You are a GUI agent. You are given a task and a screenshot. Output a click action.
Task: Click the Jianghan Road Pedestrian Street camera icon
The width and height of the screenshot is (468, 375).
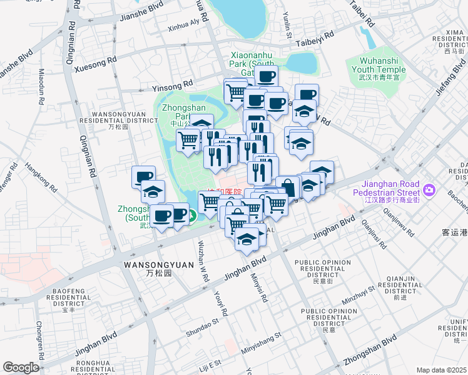coord(429,189)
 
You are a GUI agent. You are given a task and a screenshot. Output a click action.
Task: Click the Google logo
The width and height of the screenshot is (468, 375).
coord(21,367)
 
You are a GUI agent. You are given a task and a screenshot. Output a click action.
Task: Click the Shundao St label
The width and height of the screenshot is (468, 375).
coord(201,329)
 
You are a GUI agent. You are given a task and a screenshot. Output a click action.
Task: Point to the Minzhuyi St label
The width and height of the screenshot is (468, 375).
coord(359,294)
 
